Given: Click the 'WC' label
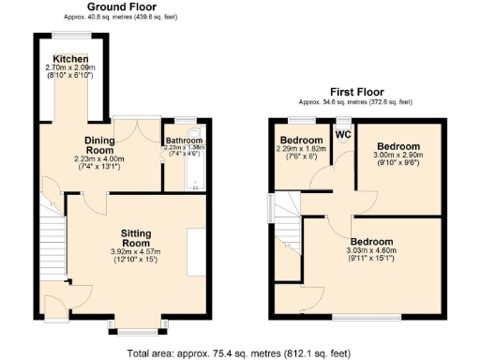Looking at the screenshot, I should point(343,132).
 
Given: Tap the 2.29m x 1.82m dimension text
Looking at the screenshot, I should point(301,148).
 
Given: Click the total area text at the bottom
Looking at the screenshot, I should point(239,352).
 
